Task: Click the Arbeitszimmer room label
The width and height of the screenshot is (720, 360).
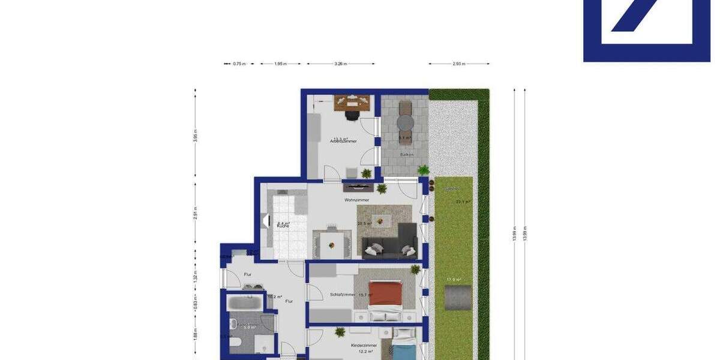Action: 343,141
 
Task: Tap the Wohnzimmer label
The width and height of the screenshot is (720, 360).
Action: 356,200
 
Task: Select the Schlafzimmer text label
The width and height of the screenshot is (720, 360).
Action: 343,295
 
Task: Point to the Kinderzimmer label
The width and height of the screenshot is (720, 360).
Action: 364,346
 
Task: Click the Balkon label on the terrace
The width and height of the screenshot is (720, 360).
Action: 407,155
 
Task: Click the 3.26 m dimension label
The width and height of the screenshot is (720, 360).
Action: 341,64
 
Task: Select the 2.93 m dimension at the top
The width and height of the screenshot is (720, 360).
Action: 459,64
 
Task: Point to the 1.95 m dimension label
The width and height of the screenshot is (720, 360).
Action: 280,64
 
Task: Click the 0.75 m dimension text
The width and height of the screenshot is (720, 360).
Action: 239,64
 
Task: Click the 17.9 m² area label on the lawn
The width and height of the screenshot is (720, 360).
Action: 454,279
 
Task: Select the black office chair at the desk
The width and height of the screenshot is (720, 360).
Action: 351,114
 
